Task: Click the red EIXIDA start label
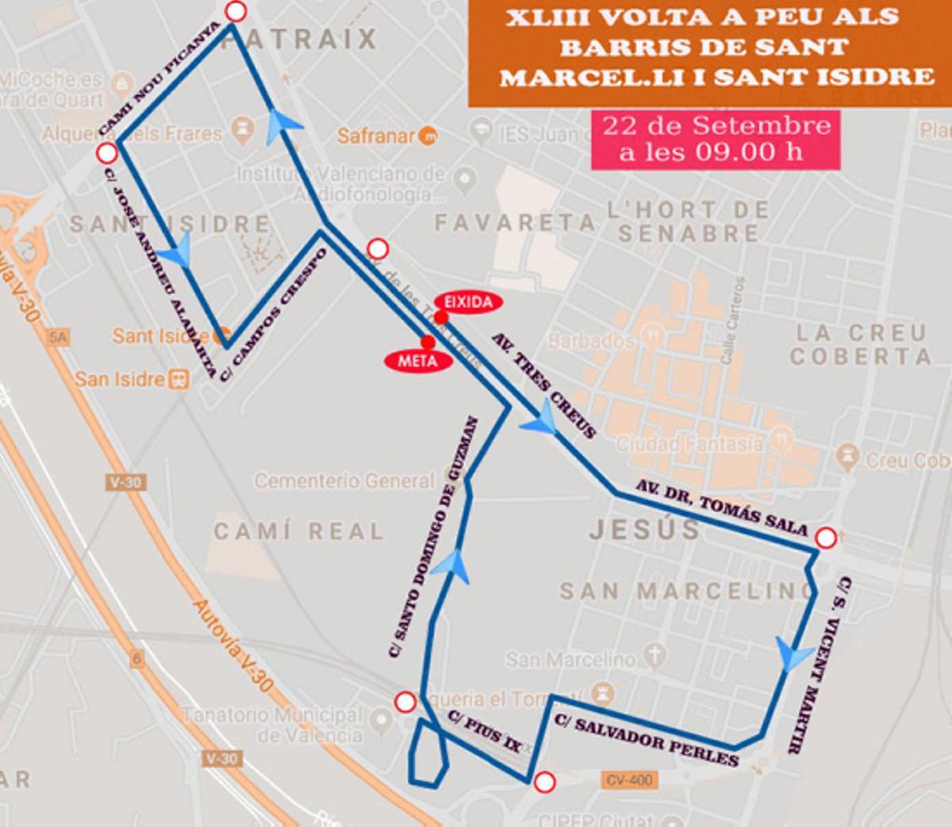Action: pyautogui.click(x=468, y=301)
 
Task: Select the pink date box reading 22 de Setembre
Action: pyautogui.click(x=716, y=139)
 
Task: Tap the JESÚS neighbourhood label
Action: pyautogui.click(x=644, y=530)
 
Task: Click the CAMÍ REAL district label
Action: pyautogui.click(x=298, y=530)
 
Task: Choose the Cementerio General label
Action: pyautogui.click(x=344, y=481)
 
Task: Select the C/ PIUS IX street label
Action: pyautogui.click(x=486, y=729)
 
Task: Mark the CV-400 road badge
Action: pyautogui.click(x=628, y=780)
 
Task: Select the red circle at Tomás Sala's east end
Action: pyautogui.click(x=826, y=538)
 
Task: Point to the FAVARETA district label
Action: pyautogui.click(x=515, y=223)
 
